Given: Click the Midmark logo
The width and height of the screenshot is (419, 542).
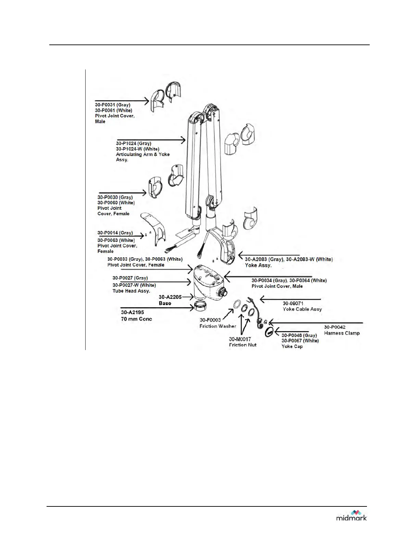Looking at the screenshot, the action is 351,515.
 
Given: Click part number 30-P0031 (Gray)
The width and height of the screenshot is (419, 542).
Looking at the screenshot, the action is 113,105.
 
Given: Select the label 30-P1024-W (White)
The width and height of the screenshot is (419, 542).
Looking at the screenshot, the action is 137,149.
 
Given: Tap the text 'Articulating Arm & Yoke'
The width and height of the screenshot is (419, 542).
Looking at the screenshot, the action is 143,154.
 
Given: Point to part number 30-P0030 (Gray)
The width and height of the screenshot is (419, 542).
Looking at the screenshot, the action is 115,197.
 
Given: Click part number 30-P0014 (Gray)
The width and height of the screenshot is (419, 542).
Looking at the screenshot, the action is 115,233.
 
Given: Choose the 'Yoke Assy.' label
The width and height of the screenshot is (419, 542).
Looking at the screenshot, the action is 258,265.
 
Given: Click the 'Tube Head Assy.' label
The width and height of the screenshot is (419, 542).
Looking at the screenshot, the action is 131,291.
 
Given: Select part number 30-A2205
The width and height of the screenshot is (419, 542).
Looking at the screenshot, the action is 170,297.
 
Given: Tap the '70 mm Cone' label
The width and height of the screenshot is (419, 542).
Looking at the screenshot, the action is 136,319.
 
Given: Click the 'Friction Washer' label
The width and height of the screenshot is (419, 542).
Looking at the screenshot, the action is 218,326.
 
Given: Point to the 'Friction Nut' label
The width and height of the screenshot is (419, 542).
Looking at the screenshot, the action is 243,345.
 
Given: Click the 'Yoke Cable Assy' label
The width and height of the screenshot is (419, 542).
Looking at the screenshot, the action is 302,309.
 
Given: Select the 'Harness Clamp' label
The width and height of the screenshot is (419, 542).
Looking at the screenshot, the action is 342,333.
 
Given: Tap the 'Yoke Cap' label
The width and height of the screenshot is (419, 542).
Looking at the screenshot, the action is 292,346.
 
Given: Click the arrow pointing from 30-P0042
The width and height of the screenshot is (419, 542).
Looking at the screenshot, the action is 315,322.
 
